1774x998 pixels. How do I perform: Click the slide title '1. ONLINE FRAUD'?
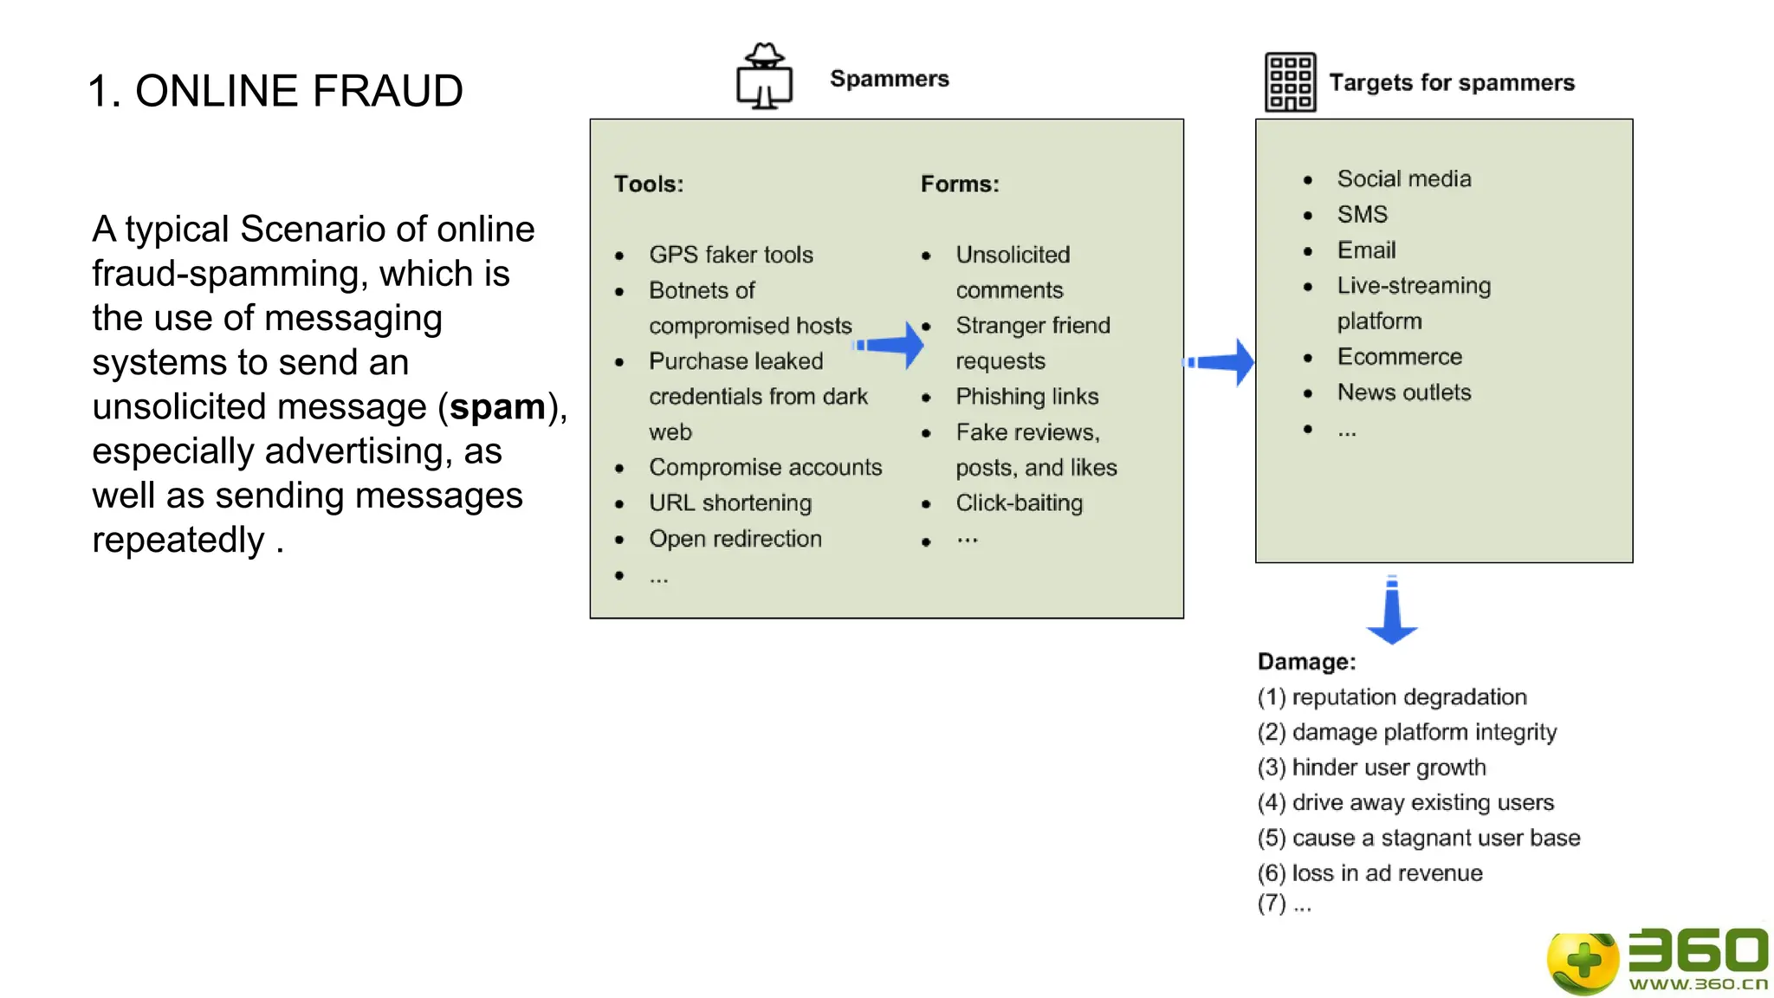275,91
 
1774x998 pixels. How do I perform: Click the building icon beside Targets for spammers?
1290,82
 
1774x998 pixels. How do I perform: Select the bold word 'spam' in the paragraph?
497,407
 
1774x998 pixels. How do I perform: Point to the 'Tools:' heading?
649,184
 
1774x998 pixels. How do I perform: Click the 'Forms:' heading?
960,184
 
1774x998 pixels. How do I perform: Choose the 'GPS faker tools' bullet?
731,255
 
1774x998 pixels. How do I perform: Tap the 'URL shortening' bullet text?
730,503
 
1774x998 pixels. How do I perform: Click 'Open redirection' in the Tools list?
735,539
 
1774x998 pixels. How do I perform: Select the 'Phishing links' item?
1027,397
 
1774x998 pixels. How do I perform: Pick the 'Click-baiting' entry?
1020,503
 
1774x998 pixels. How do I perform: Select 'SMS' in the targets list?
1362,214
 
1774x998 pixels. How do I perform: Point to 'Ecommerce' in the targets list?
1399,357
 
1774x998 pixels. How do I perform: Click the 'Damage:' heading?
1306,662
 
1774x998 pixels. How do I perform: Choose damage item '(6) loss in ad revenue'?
1370,873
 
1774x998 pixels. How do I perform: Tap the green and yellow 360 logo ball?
1583,962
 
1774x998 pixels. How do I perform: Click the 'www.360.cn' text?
1698,984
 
